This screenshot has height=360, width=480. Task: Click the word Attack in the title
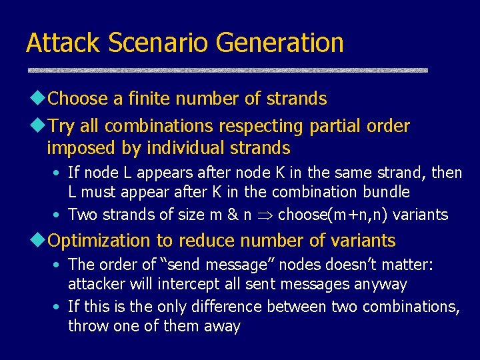coord(63,43)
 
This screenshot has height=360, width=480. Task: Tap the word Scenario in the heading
coord(159,43)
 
